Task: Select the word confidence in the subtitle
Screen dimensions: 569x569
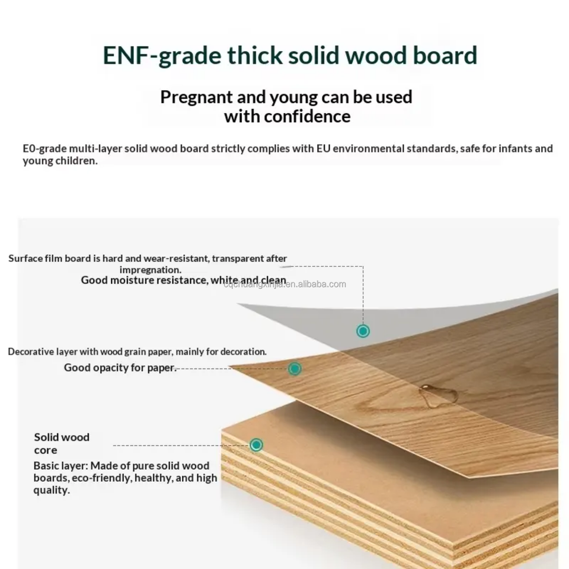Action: click(x=307, y=116)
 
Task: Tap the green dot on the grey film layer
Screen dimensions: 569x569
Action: click(x=363, y=331)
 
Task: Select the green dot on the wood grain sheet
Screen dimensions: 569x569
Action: click(x=295, y=369)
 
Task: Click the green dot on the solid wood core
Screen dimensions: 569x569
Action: click(x=256, y=445)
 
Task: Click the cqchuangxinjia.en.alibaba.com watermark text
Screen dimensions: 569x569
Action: click(x=284, y=284)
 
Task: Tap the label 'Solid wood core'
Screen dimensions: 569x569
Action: click(x=61, y=443)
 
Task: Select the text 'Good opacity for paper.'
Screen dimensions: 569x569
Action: click(x=120, y=368)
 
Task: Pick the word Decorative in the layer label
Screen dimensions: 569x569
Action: click(x=30, y=352)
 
